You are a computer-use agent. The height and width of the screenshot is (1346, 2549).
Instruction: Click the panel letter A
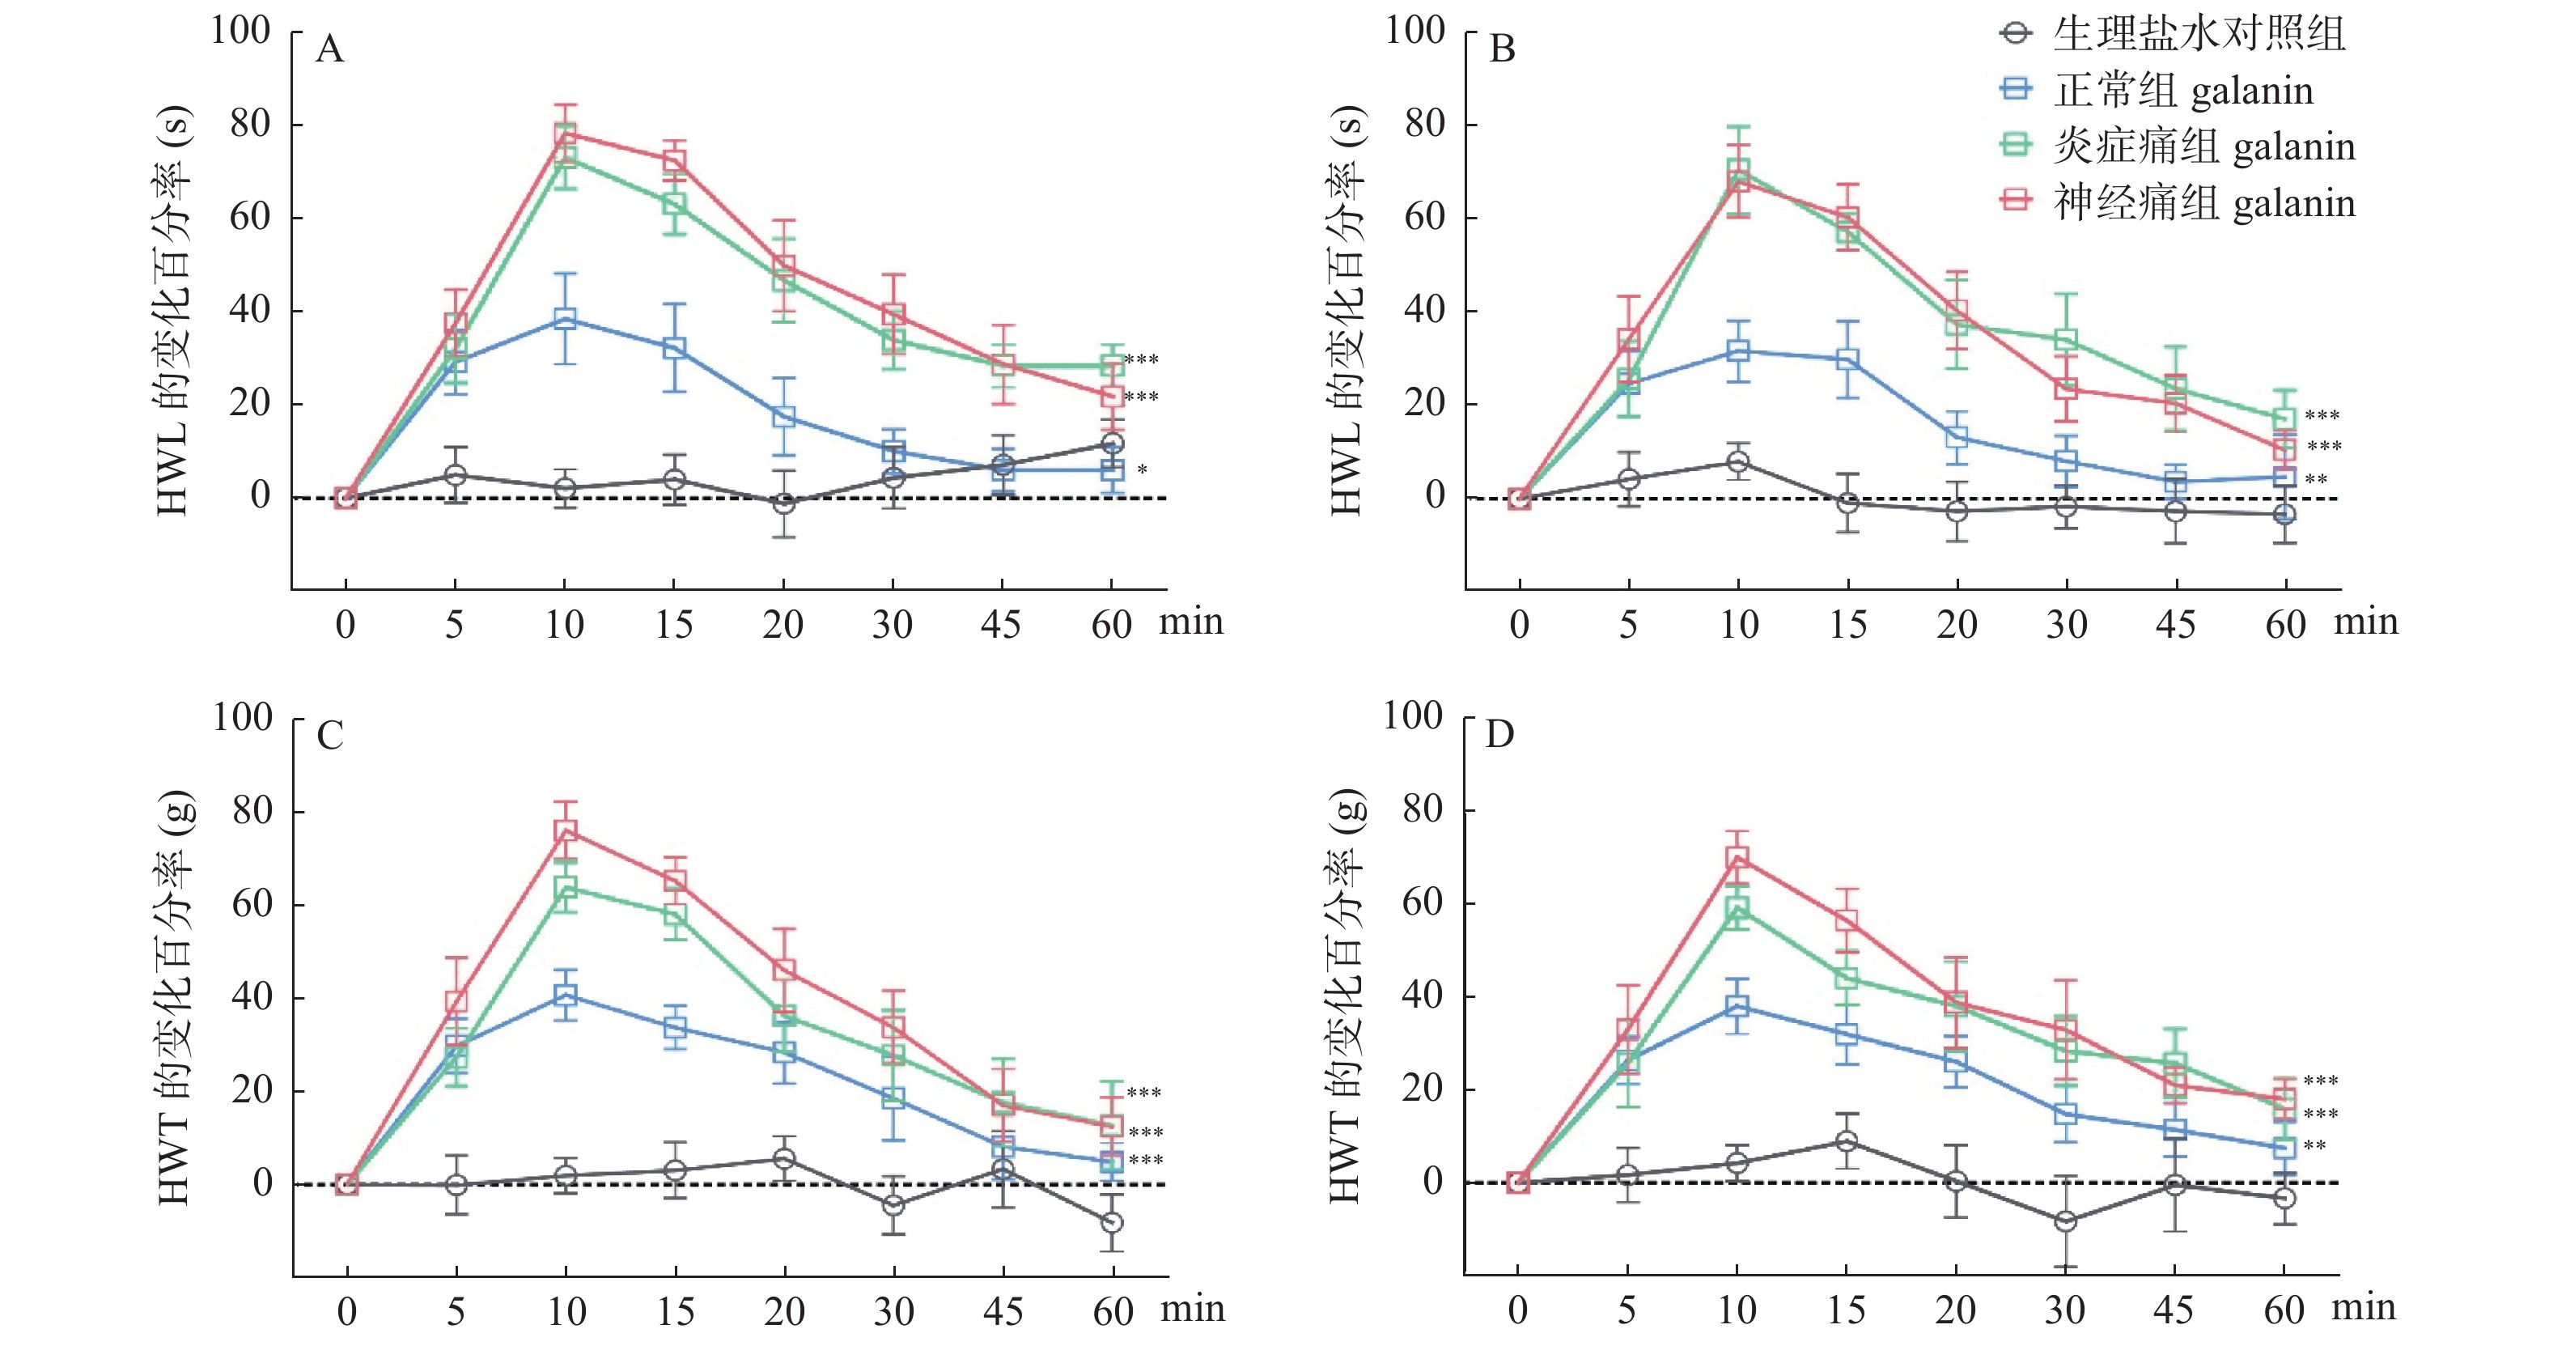pyautogui.click(x=329, y=49)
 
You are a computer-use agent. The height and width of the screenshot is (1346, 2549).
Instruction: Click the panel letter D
pyautogui.click(x=1500, y=736)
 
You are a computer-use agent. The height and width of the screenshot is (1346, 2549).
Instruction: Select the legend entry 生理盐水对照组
pyautogui.click(x=2199, y=35)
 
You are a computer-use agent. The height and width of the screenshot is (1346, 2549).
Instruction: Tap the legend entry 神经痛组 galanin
pyautogui.click(x=2204, y=204)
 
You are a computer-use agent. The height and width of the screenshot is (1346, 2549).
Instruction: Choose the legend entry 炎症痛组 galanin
pyautogui.click(x=2204, y=147)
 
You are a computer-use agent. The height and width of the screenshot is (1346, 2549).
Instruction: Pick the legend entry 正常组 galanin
pyautogui.click(x=2183, y=91)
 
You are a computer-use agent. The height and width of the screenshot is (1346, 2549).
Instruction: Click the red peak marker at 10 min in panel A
pyautogui.click(x=565, y=134)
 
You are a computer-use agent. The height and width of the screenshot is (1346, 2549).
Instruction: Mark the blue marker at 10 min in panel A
pyautogui.click(x=565, y=319)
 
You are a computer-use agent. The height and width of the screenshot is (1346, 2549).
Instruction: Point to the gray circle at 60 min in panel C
pyautogui.click(x=1112, y=1222)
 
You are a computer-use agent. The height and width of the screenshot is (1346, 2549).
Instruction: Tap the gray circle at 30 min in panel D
pyautogui.click(x=2065, y=1221)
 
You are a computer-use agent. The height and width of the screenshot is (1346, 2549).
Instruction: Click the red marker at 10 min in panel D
pyautogui.click(x=1737, y=857)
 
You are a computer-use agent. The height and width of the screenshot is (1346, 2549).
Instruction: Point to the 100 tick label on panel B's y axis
pyautogui.click(x=1415, y=31)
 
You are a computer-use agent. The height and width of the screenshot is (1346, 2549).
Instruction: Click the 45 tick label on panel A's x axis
pyautogui.click(x=1002, y=626)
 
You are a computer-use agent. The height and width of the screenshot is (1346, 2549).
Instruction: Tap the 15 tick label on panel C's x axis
pyautogui.click(x=675, y=1312)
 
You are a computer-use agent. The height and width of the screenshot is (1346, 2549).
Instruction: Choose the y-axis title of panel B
pyautogui.click(x=1346, y=309)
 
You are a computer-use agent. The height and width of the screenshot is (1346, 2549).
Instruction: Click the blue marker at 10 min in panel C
pyautogui.click(x=565, y=995)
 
